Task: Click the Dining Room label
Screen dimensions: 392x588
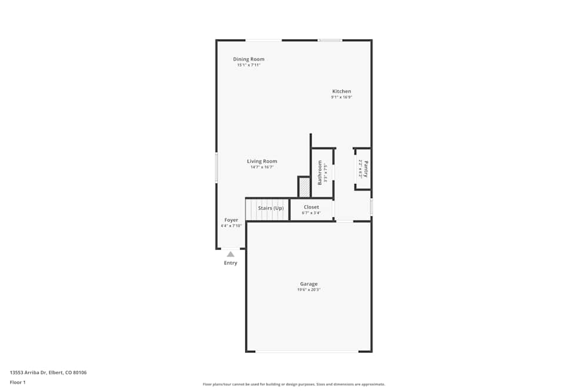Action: pyautogui.click(x=248, y=59)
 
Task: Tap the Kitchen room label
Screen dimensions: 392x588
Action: pyautogui.click(x=342, y=92)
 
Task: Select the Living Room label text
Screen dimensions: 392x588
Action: pyautogui.click(x=262, y=162)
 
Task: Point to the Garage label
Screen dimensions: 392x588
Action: pyautogui.click(x=309, y=284)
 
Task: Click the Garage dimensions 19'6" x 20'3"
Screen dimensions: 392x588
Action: pyautogui.click(x=309, y=290)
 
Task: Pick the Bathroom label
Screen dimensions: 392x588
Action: pyautogui.click(x=320, y=173)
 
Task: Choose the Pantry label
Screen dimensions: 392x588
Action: pyautogui.click(x=366, y=169)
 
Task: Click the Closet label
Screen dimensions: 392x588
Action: pyautogui.click(x=311, y=207)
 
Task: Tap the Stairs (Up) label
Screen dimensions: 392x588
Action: pyautogui.click(x=270, y=208)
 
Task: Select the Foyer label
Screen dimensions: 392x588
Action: pyautogui.click(x=231, y=220)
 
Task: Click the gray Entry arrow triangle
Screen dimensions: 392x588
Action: pyautogui.click(x=230, y=254)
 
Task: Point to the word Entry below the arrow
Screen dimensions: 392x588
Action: pyautogui.click(x=230, y=263)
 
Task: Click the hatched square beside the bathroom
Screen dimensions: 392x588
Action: pyautogui.click(x=305, y=187)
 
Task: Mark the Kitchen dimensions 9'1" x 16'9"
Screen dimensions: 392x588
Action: pyautogui.click(x=342, y=98)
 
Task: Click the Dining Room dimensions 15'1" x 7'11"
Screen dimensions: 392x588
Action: pyautogui.click(x=248, y=65)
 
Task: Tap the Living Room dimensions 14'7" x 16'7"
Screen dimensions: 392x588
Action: pyautogui.click(x=262, y=167)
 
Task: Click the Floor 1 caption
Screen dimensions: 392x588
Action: pyautogui.click(x=18, y=383)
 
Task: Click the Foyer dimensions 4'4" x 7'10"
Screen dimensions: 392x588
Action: pyautogui.click(x=231, y=226)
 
